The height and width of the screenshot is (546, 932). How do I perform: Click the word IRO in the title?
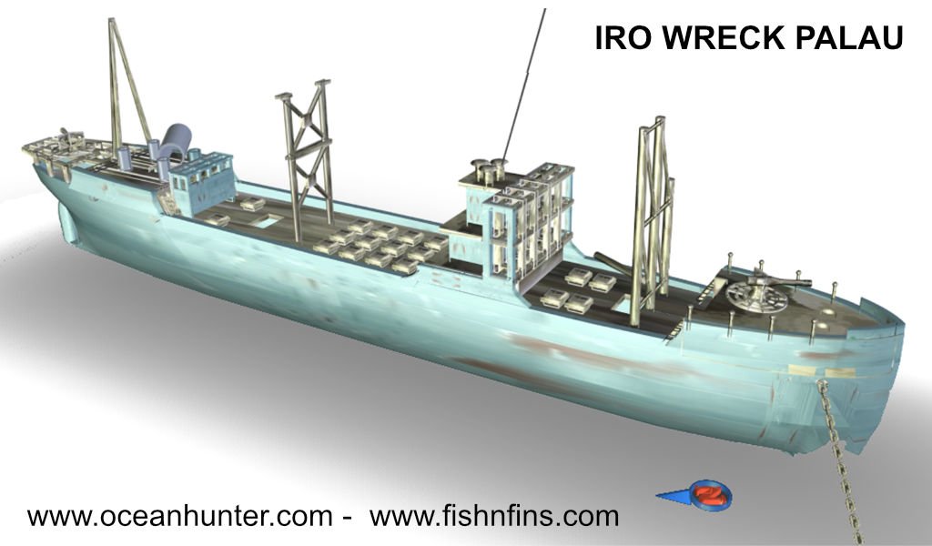coord(619,37)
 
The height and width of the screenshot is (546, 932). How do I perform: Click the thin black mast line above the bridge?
coord(523,82)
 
